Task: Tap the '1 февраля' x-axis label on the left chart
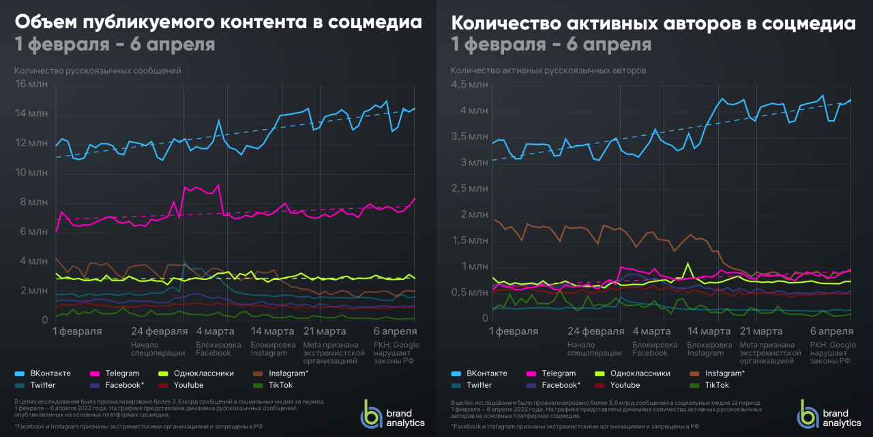(77, 331)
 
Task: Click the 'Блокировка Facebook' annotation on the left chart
(218, 349)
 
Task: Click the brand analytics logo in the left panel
(393, 414)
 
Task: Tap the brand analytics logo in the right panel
(829, 414)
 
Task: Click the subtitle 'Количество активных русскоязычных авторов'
(548, 70)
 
